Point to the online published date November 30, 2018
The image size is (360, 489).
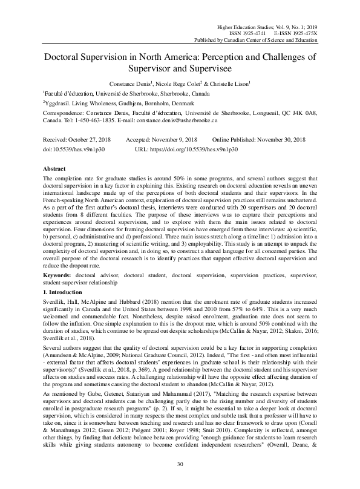(281, 139)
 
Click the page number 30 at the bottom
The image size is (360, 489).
(180, 463)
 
